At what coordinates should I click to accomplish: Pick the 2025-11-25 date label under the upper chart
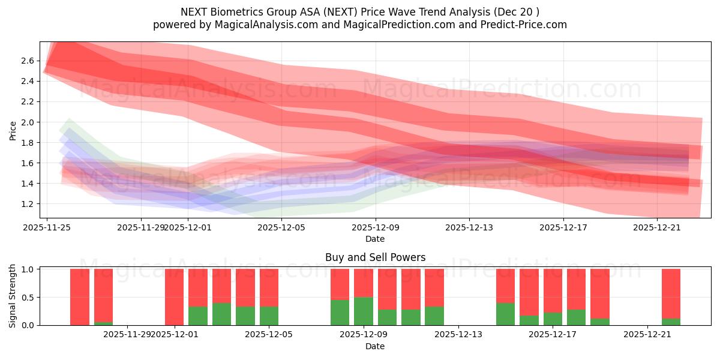click(47, 227)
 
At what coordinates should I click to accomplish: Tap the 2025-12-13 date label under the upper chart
click(469, 227)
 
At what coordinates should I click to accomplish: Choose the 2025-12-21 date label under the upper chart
click(657, 227)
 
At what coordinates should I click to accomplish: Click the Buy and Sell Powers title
click(375, 257)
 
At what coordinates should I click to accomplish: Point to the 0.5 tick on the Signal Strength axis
click(27, 297)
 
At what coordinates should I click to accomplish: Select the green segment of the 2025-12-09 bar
click(364, 311)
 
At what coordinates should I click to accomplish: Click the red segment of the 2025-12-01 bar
click(174, 296)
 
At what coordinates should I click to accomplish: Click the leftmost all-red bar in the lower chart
click(80, 297)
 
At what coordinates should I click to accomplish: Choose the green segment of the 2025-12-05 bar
click(269, 316)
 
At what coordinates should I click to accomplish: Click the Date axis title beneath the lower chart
click(375, 346)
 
